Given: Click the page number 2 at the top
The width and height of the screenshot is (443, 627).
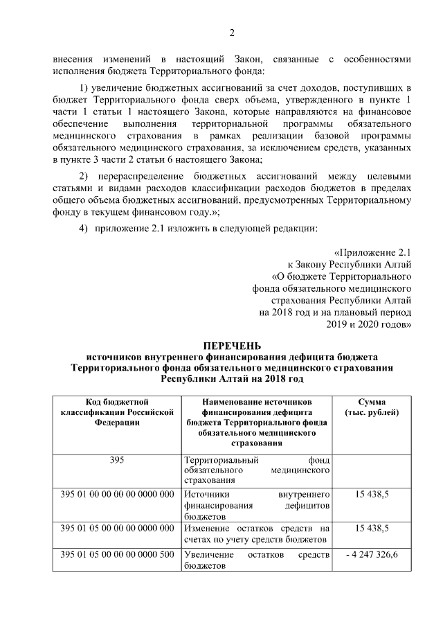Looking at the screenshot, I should coord(233,33).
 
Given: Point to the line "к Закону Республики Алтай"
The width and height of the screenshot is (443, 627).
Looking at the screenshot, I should coord(350,265).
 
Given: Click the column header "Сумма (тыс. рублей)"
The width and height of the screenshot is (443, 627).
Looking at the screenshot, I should coord(372,407).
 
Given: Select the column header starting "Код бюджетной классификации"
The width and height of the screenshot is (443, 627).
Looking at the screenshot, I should coord(116,412).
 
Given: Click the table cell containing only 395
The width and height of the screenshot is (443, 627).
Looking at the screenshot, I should coord(116,459).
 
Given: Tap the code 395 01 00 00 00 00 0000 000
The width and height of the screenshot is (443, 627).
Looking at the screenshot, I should coord(116,495).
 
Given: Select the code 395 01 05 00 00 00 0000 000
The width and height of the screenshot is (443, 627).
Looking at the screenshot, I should coord(116,529).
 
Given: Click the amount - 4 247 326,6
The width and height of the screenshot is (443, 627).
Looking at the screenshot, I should coord(372,556).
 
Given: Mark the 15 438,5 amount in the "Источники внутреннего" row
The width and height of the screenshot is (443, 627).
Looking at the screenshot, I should coord(372,495).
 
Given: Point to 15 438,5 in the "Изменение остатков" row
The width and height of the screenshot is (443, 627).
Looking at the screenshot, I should coord(372,529).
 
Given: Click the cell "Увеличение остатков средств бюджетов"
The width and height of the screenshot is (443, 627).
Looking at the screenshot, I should coord(256,560).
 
